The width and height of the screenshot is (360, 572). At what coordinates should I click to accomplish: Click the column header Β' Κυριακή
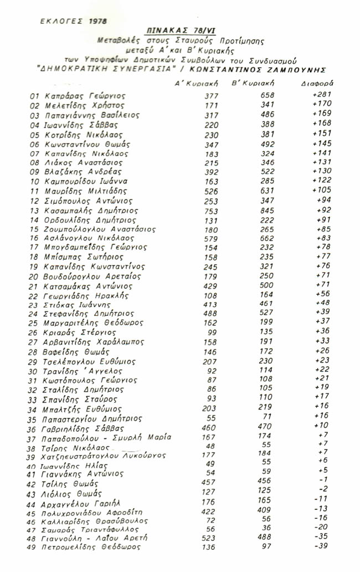pyautogui.click(x=255, y=83)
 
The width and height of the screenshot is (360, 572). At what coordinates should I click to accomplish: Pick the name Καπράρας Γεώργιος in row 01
pyautogui.click(x=85, y=95)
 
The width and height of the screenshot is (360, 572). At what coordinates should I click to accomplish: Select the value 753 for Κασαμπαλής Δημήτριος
pyautogui.click(x=212, y=211)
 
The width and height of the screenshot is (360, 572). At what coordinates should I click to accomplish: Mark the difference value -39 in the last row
pyautogui.click(x=321, y=546)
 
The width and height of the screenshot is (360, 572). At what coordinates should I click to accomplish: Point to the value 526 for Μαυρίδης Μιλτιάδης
pyautogui.click(x=212, y=191)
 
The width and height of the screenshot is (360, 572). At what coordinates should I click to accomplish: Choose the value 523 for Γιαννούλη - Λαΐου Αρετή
pyautogui.click(x=210, y=537)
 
